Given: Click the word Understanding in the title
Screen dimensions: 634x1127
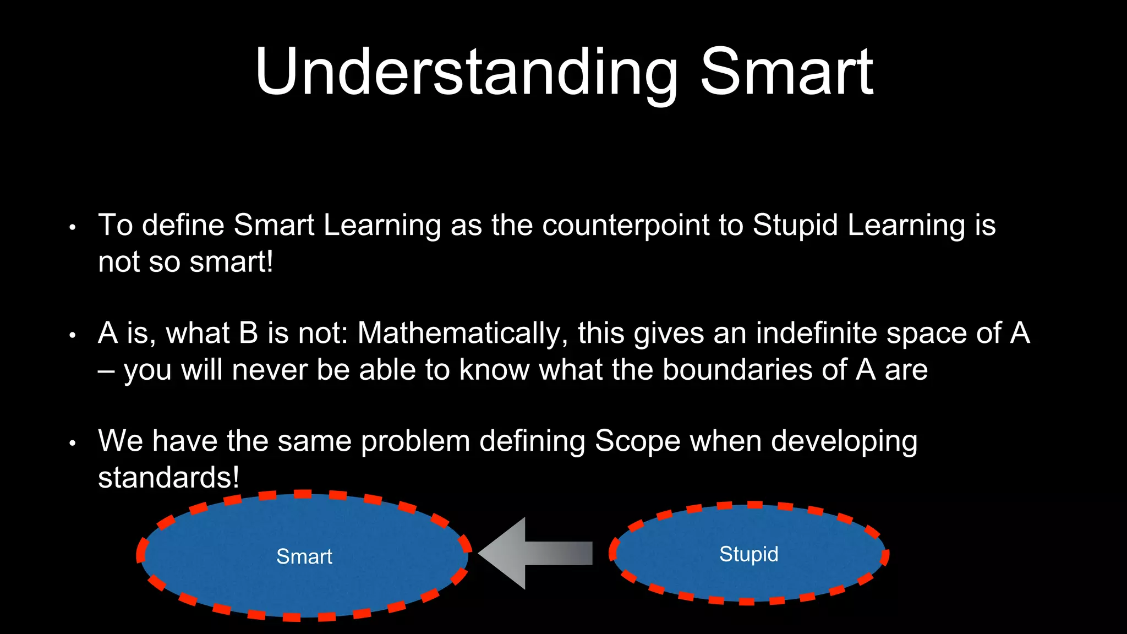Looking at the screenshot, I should point(466,73).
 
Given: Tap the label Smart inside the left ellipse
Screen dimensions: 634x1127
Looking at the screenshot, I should point(304,556).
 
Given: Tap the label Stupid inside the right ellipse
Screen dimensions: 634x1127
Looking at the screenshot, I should point(748,554).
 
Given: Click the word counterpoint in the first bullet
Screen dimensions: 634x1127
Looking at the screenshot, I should point(625,226).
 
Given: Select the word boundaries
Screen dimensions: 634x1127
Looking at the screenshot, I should point(737,370).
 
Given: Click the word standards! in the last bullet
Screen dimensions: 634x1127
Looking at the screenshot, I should point(168,478).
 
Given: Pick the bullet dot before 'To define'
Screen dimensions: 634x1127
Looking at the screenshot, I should point(72,227).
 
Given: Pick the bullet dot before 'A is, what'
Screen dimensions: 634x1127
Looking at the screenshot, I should point(72,335).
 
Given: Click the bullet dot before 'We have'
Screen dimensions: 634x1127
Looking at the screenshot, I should point(72,443).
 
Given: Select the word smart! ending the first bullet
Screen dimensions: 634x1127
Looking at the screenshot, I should point(231,262).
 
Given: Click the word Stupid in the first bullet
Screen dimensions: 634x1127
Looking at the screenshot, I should point(795,226).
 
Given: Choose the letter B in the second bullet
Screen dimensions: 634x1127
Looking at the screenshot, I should point(249,334).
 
